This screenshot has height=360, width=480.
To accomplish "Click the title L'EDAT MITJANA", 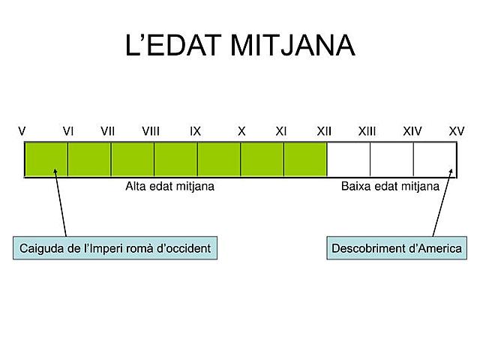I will [x=240, y=46].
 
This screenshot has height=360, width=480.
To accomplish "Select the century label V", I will [x=22, y=131].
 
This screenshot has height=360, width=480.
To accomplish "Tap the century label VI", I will [x=68, y=131].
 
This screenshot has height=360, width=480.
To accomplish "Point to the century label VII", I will [x=108, y=131].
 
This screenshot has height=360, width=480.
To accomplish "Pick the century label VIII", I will [x=151, y=131].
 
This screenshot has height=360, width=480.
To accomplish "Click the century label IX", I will [x=196, y=131].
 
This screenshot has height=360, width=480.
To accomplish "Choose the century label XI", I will [x=281, y=131].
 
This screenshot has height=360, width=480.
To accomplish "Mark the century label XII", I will [x=324, y=131].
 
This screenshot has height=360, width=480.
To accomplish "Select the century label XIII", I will [x=367, y=131].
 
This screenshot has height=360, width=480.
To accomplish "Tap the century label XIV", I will [x=412, y=131].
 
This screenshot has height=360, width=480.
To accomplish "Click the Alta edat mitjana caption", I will [x=169, y=187].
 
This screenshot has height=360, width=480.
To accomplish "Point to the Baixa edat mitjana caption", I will [x=390, y=187].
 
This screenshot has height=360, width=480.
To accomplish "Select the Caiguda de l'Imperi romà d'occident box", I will [x=115, y=247].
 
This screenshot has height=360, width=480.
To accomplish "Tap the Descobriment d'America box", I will [x=397, y=247].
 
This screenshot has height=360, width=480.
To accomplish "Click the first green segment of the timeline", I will [x=46, y=159].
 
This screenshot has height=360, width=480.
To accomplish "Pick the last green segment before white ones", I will [x=305, y=159].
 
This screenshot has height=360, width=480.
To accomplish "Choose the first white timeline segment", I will [x=349, y=159].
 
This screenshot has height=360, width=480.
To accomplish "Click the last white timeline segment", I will [x=435, y=159].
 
